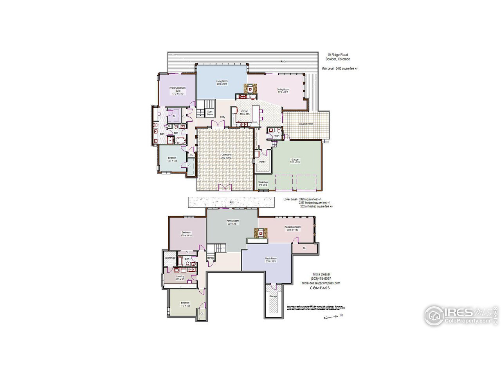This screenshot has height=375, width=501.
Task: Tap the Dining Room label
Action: (x=283, y=91)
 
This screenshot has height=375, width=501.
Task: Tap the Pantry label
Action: (x=262, y=162)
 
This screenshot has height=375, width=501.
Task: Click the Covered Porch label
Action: (x=306, y=124)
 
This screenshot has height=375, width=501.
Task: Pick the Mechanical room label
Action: (x=169, y=258)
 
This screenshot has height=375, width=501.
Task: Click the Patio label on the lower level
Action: (x=232, y=202)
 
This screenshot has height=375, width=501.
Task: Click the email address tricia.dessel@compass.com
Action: (x=321, y=283)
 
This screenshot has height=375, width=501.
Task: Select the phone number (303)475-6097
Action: (x=321, y=279)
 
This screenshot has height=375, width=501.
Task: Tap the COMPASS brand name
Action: (x=320, y=288)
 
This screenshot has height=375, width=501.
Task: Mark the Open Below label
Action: (x=210, y=113)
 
